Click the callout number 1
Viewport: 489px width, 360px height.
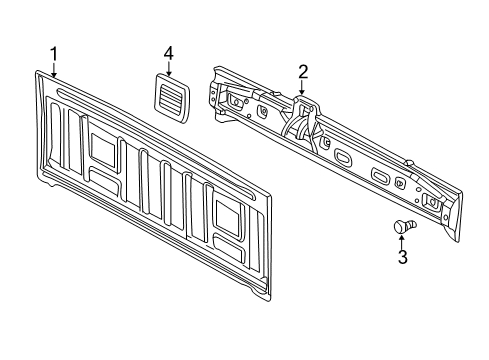point(54,53)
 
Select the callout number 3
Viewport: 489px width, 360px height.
point(403,258)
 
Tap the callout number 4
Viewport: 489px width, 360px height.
point(169,51)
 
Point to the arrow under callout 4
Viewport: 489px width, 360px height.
point(169,66)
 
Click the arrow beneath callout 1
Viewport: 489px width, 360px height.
point(54,68)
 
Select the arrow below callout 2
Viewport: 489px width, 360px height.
point(301,87)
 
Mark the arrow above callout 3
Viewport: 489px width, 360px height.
point(402,241)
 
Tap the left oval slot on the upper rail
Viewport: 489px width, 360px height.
point(341,157)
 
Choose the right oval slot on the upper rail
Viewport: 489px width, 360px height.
point(380,176)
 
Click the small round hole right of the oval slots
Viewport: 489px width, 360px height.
point(401,183)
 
